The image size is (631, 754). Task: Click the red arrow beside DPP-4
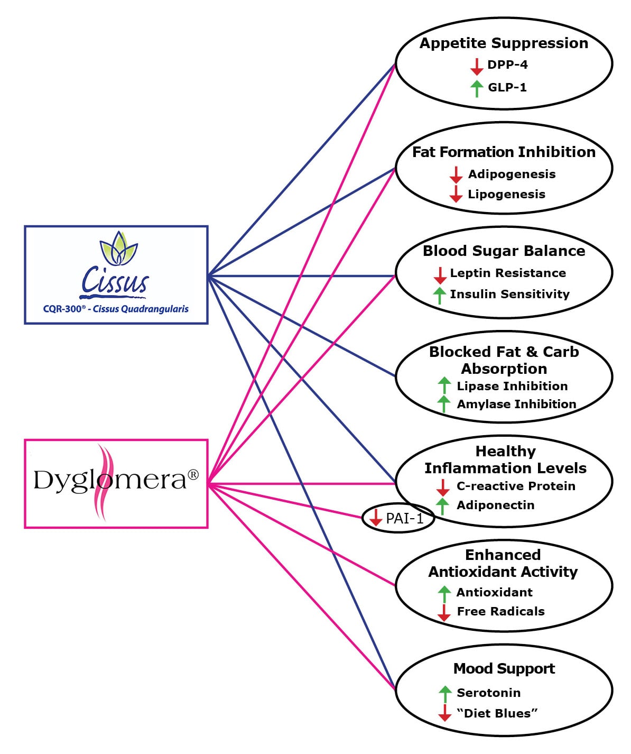tap(477, 66)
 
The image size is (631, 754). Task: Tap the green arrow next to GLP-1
tap(477, 88)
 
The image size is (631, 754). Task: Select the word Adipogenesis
tap(512, 174)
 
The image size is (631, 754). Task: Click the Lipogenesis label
tap(506, 194)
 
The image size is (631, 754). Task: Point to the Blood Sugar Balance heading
tap(504, 251)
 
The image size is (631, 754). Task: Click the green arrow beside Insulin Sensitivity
tap(439, 295)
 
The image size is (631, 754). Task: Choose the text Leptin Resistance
tap(507, 273)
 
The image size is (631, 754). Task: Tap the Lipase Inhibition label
tap(512, 386)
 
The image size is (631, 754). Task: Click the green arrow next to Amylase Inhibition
tap(444, 404)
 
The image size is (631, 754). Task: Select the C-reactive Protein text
tap(516, 486)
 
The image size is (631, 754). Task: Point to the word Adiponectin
tap(495, 505)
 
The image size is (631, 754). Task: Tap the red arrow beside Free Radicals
tap(444, 612)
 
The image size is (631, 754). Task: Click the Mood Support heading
tap(504, 668)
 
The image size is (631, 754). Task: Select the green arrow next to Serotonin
tap(445, 693)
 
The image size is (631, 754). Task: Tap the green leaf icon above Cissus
tap(119, 248)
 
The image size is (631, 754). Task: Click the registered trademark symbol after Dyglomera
tap(193, 474)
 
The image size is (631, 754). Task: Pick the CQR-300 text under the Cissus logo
tap(63, 309)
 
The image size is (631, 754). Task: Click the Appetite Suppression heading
tap(504, 43)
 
